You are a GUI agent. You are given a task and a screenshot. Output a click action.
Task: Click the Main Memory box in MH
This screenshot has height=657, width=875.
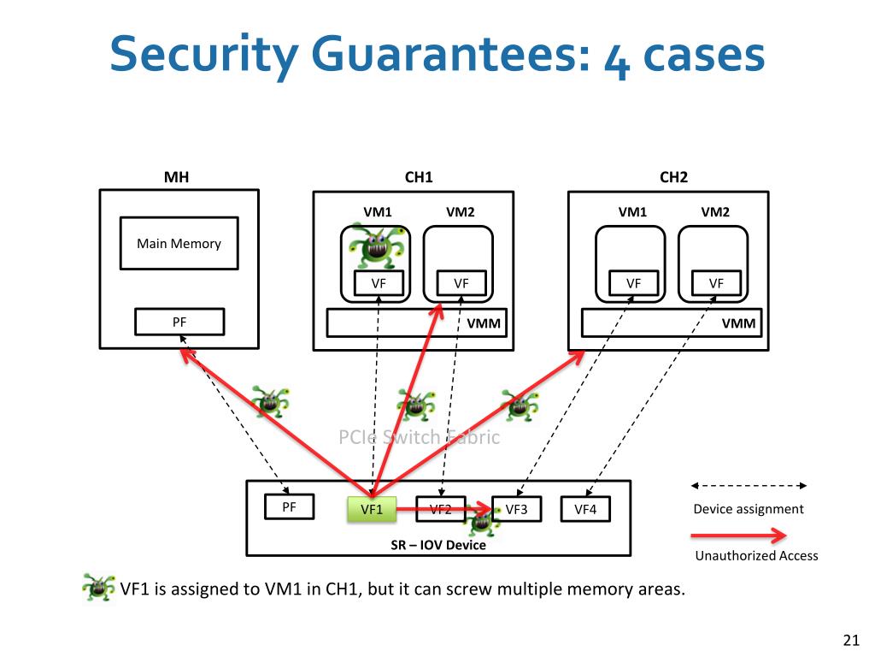pyautogui.click(x=179, y=244)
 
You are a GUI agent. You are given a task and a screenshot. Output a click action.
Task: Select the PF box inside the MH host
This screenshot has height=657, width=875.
pyautogui.click(x=179, y=322)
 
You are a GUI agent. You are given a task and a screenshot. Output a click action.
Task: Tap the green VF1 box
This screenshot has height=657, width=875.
pyautogui.click(x=373, y=510)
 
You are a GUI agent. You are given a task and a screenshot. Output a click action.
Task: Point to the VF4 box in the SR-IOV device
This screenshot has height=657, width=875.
pyautogui.click(x=585, y=510)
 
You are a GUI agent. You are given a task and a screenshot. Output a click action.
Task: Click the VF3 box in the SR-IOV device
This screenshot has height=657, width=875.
pyautogui.click(x=516, y=510)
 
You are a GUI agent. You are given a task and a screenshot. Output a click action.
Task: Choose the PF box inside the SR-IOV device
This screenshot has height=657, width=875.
pyautogui.click(x=289, y=506)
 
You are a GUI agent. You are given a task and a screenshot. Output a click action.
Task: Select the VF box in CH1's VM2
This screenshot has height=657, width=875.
pyautogui.click(x=461, y=283)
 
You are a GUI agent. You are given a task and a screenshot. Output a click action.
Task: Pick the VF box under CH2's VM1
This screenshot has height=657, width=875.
pyautogui.click(x=633, y=283)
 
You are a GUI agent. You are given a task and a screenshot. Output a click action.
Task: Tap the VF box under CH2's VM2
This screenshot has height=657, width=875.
pyautogui.click(x=716, y=283)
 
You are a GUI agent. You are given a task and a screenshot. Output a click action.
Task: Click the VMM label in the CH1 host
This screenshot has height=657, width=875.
pyautogui.click(x=484, y=323)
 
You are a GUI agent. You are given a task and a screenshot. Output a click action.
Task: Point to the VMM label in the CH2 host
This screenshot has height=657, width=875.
pyautogui.click(x=739, y=323)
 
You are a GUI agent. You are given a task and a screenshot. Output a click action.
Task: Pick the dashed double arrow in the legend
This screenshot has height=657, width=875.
pyautogui.click(x=749, y=486)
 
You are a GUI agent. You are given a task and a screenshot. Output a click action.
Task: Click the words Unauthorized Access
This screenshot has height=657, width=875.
pyautogui.click(x=756, y=556)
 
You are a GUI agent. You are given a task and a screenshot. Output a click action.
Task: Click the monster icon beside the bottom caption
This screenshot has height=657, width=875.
pyautogui.click(x=97, y=588)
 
